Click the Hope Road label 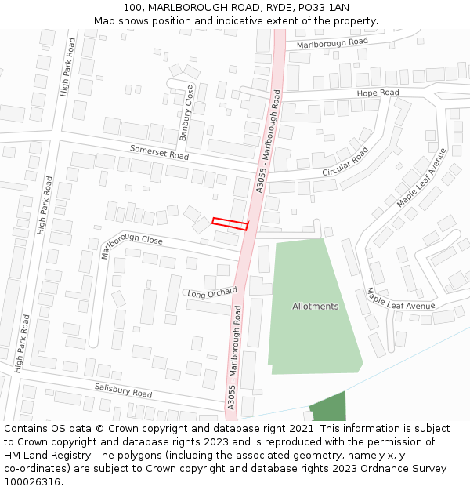coord(378,93)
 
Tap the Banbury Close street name coord(186,113)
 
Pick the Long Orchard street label coord(212,293)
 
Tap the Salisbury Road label coord(124,389)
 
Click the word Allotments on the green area coord(316,306)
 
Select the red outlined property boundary coord(230,223)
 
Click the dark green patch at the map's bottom coord(328,408)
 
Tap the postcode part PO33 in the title coord(315,8)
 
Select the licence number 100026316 coord(31,482)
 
